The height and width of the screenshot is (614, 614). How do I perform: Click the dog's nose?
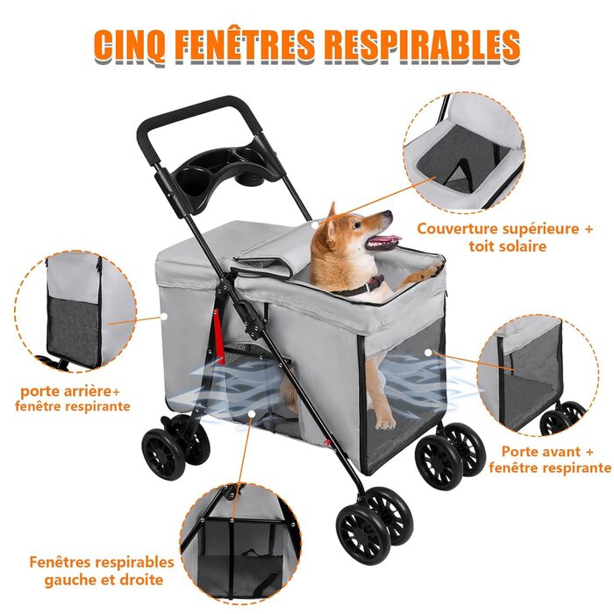[x=388, y=214]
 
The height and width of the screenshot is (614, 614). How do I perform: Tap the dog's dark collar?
[x=362, y=286]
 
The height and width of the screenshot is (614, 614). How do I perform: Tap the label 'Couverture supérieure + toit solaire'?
[x=505, y=238]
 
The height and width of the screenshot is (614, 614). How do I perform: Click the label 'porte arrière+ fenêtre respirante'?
[x=73, y=398]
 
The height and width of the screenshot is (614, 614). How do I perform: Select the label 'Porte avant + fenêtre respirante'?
[x=549, y=460]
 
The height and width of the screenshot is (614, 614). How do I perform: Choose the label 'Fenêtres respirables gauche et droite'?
[x=103, y=570]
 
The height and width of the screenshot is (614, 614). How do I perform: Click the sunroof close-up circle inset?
[x=464, y=153]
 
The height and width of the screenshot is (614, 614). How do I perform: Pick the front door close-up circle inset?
[x=538, y=375]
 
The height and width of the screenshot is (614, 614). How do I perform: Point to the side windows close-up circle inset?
[x=240, y=545]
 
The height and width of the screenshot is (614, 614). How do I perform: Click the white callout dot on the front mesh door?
[x=428, y=353]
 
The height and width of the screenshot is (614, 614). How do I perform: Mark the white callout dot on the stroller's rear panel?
[x=164, y=316]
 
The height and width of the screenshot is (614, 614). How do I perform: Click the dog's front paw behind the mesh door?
[x=385, y=422]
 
